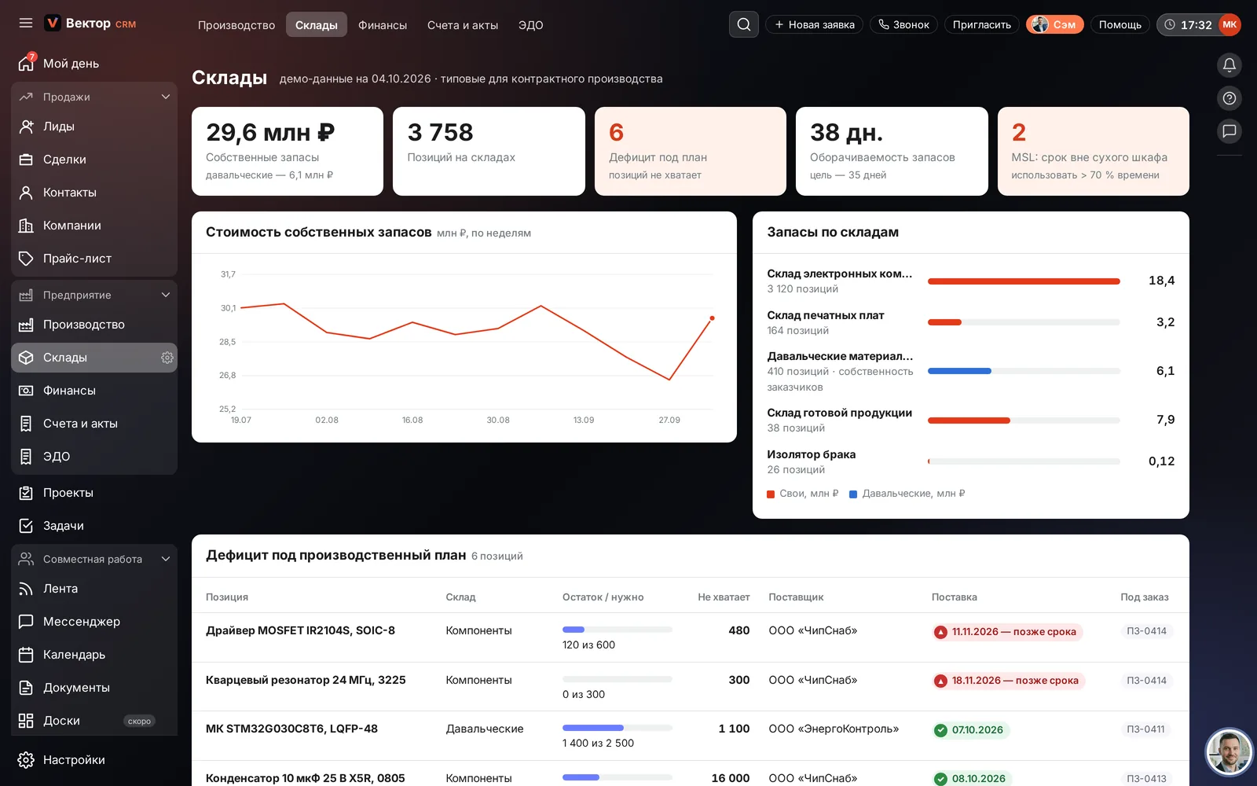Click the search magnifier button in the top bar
coord(743,24)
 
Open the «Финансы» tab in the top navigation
coord(382,24)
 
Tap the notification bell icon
coord(1229,65)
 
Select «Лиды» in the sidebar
coord(58,127)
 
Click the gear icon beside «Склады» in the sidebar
coord(167,358)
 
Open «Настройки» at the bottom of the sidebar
coord(74,759)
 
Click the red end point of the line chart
coord(712,318)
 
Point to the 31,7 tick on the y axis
coord(228,274)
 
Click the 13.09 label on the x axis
coord(584,420)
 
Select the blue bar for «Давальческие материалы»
coord(959,371)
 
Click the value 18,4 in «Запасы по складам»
coord(1161,280)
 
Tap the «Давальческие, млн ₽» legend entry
coord(907,494)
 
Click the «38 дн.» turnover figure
coord(846,133)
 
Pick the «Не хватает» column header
coord(724,597)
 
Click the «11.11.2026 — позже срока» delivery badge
coord(1007,632)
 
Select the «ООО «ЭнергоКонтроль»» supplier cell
coord(834,729)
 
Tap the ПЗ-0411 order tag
coord(1145,729)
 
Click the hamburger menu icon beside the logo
coord(26,23)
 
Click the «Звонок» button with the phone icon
coord(903,24)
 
